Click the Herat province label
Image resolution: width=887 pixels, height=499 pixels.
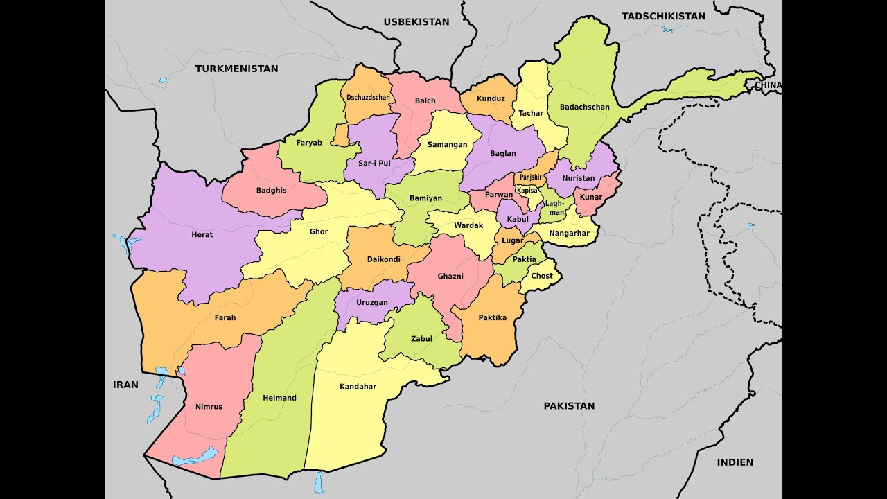point(202,235)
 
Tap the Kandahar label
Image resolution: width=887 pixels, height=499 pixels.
point(358,387)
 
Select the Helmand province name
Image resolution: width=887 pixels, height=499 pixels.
point(279,398)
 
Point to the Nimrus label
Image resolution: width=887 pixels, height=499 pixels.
point(209,407)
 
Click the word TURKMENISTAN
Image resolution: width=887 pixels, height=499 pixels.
point(236,69)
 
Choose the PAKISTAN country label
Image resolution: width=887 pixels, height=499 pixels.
point(568,406)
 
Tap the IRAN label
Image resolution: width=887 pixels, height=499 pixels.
point(126,385)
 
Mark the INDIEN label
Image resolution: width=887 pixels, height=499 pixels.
point(735,462)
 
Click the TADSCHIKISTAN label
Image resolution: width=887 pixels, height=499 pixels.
point(663,16)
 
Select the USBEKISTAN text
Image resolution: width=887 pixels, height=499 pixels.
point(416,21)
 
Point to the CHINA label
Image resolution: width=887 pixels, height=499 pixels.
point(768,85)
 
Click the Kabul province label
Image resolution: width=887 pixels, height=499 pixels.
point(517,220)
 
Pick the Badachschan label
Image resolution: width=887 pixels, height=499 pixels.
point(584,107)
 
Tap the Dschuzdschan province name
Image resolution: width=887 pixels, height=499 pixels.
point(367,98)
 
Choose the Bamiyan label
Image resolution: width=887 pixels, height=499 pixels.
point(425,198)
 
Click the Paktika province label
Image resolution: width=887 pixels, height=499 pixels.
point(492,318)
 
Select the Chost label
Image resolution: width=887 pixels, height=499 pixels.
point(542,276)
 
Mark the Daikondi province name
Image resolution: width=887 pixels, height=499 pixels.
point(383,259)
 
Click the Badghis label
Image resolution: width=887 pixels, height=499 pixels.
point(271,190)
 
